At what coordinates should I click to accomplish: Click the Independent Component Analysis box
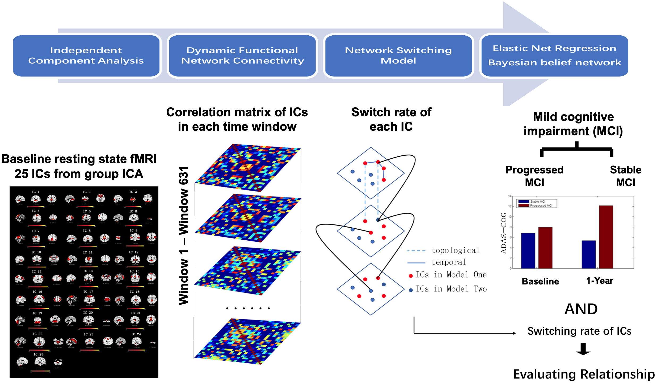pos(86,56)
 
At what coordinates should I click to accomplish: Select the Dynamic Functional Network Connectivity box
pos(242,56)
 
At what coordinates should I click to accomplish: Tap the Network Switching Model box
pos(398,56)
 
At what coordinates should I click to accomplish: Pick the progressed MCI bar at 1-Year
pos(606,237)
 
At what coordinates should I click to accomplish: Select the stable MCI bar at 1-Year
pos(588,254)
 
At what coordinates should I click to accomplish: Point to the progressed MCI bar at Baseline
pos(545,248)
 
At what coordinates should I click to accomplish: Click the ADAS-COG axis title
pos(503,233)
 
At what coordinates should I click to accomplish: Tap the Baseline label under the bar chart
pos(540,281)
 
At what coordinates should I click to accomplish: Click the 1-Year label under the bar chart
pos(599,281)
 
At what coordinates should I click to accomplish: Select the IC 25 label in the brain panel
pos(38,354)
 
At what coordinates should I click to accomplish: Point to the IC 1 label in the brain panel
pos(36,192)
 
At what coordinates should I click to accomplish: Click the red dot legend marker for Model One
pos(411,276)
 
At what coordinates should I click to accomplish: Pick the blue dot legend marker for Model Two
pos(411,290)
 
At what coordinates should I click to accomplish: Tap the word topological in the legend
pos(455,250)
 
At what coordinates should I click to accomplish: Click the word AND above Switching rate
pos(581,309)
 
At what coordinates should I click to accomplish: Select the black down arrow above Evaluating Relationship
pos(583,349)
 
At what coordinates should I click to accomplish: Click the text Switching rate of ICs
pos(579,331)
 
